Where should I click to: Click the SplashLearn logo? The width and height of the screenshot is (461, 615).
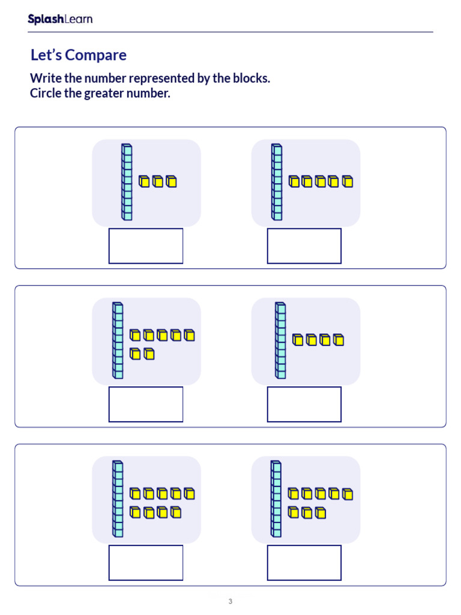click(x=60, y=19)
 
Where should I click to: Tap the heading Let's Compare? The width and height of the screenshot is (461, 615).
click(x=78, y=55)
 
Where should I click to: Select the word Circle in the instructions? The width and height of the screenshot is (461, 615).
click(x=46, y=94)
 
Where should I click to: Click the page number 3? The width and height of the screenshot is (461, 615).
click(x=230, y=601)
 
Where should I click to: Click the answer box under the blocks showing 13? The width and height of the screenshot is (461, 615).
click(x=146, y=246)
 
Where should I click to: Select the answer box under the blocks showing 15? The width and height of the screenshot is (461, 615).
click(x=304, y=246)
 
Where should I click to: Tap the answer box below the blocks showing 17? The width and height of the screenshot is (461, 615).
click(x=146, y=404)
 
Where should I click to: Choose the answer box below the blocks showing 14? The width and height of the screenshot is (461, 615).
click(x=304, y=404)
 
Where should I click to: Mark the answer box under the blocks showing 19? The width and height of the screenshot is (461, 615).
click(x=146, y=563)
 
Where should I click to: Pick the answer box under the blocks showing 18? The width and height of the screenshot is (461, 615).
click(x=304, y=563)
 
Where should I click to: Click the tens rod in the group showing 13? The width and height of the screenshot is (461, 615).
click(x=127, y=182)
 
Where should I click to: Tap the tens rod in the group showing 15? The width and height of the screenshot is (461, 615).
click(x=276, y=182)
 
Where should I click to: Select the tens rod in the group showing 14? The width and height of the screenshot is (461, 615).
click(x=280, y=341)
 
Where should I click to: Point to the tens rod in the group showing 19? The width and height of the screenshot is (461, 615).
click(x=118, y=498)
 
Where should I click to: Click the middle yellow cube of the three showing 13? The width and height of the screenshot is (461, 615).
click(x=158, y=181)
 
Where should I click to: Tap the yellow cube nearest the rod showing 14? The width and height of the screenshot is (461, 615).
click(x=298, y=341)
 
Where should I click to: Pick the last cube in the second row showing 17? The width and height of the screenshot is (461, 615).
click(x=149, y=354)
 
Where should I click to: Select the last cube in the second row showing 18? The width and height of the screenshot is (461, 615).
click(x=321, y=513)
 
